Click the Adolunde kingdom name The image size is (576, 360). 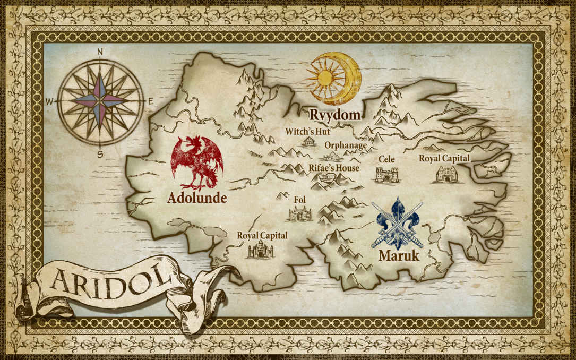(x=197, y=198)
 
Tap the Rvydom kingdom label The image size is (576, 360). (x=336, y=115)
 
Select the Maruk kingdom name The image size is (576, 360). (x=399, y=255)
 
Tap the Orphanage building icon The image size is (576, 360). (x=332, y=156)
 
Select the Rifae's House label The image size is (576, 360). (x=333, y=168)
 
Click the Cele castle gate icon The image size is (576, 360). (x=386, y=175)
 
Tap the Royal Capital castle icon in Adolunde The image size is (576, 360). (x=260, y=249)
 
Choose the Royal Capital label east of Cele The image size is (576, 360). (x=444, y=158)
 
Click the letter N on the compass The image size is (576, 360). (x=100, y=52)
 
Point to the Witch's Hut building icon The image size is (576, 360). (x=308, y=142)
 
